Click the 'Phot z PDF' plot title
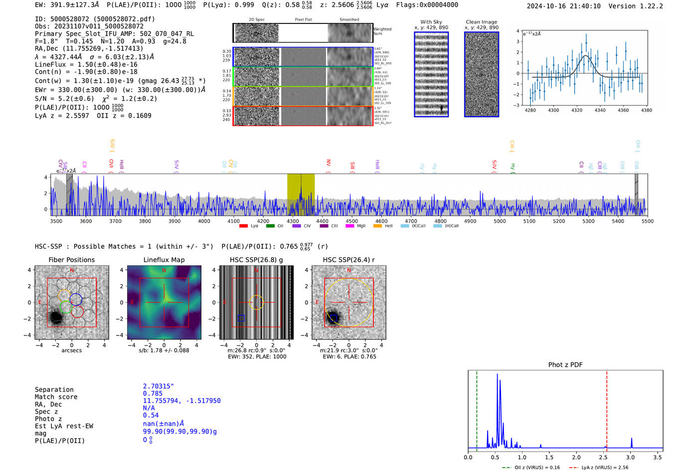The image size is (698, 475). (565, 365)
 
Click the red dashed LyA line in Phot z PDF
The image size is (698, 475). (607, 409)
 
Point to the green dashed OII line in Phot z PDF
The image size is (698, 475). (477, 409)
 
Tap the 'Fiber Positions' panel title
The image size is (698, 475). (71, 260)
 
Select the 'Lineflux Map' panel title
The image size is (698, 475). (164, 260)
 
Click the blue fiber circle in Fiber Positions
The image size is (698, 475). (76, 300)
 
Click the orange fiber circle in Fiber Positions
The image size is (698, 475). (64, 295)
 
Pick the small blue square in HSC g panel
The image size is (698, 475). (241, 318)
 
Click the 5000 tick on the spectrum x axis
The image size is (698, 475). (500, 221)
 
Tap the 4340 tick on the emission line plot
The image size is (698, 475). (600, 110)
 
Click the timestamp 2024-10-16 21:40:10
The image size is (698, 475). (563, 6)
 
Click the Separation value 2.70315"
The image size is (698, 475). (159, 386)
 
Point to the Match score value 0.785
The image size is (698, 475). (153, 394)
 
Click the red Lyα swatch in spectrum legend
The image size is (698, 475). (243, 226)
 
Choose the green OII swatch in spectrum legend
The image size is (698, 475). (270, 226)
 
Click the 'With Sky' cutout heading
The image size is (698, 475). (431, 22)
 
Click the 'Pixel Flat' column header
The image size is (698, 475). (303, 20)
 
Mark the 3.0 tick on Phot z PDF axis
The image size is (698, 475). (631, 457)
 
